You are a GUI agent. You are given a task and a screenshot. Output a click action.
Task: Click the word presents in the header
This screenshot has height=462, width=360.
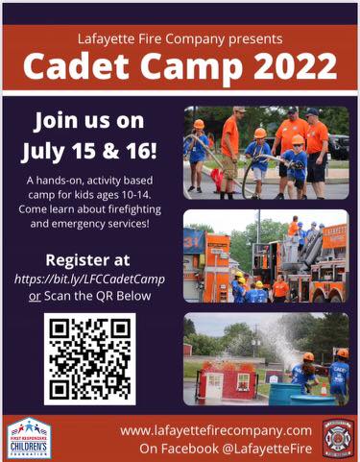click(254, 39)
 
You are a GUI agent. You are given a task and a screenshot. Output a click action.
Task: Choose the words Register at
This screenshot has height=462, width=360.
click(89, 260)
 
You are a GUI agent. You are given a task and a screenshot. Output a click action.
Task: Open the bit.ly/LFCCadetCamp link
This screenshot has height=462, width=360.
click(89, 280)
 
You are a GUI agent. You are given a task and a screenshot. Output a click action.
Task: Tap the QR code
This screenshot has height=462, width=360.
click(89, 358)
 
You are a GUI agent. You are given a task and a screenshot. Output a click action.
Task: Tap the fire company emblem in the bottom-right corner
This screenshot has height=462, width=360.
click(337, 437)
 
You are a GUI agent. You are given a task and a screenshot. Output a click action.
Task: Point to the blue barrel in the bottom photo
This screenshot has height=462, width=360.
click(285, 393)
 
